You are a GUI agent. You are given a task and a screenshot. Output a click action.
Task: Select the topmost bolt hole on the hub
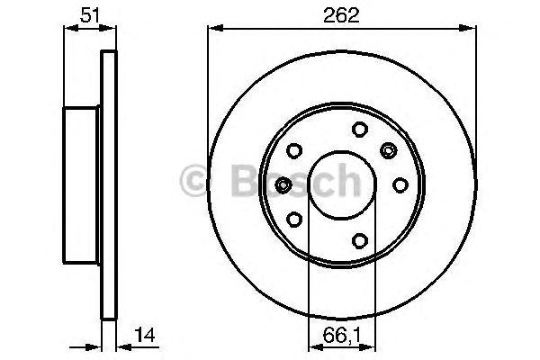click(x=357, y=129)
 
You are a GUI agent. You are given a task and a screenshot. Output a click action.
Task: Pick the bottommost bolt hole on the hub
click(x=358, y=238)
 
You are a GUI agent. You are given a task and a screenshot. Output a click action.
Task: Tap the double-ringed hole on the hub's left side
click(x=283, y=184)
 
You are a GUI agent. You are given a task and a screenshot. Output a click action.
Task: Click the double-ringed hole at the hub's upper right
click(x=389, y=148)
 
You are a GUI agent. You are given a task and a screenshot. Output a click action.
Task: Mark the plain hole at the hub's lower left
click(x=294, y=218)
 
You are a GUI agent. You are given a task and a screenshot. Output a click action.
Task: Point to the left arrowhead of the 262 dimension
click(x=213, y=29)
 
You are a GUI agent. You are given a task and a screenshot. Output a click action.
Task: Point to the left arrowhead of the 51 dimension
click(x=67, y=29)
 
